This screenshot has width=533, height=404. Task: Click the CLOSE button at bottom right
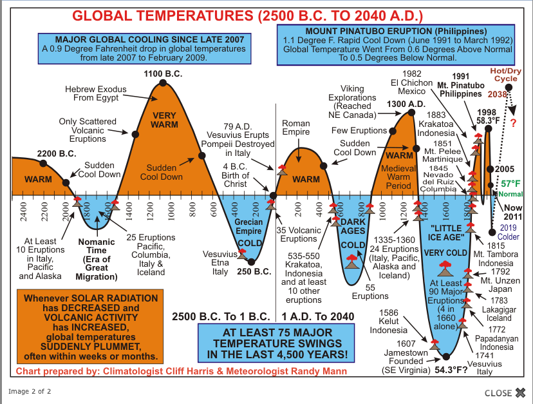(x=505, y=392)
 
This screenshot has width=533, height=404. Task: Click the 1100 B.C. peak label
(x=163, y=73)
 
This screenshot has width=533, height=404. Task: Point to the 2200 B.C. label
(x=57, y=154)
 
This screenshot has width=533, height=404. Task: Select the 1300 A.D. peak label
(x=406, y=104)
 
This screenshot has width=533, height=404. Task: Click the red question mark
(x=513, y=124)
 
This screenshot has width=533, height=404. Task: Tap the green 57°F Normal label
(x=510, y=188)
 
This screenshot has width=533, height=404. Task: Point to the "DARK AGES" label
(x=353, y=226)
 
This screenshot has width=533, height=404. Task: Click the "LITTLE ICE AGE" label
(x=445, y=232)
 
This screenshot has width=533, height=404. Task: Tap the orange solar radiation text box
(x=90, y=327)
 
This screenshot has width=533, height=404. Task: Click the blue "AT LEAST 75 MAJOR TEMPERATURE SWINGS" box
(x=277, y=342)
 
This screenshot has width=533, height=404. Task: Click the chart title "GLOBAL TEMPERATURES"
(x=247, y=15)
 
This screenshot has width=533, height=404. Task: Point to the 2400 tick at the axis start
(x=23, y=211)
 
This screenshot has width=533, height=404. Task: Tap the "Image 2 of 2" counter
(x=30, y=391)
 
